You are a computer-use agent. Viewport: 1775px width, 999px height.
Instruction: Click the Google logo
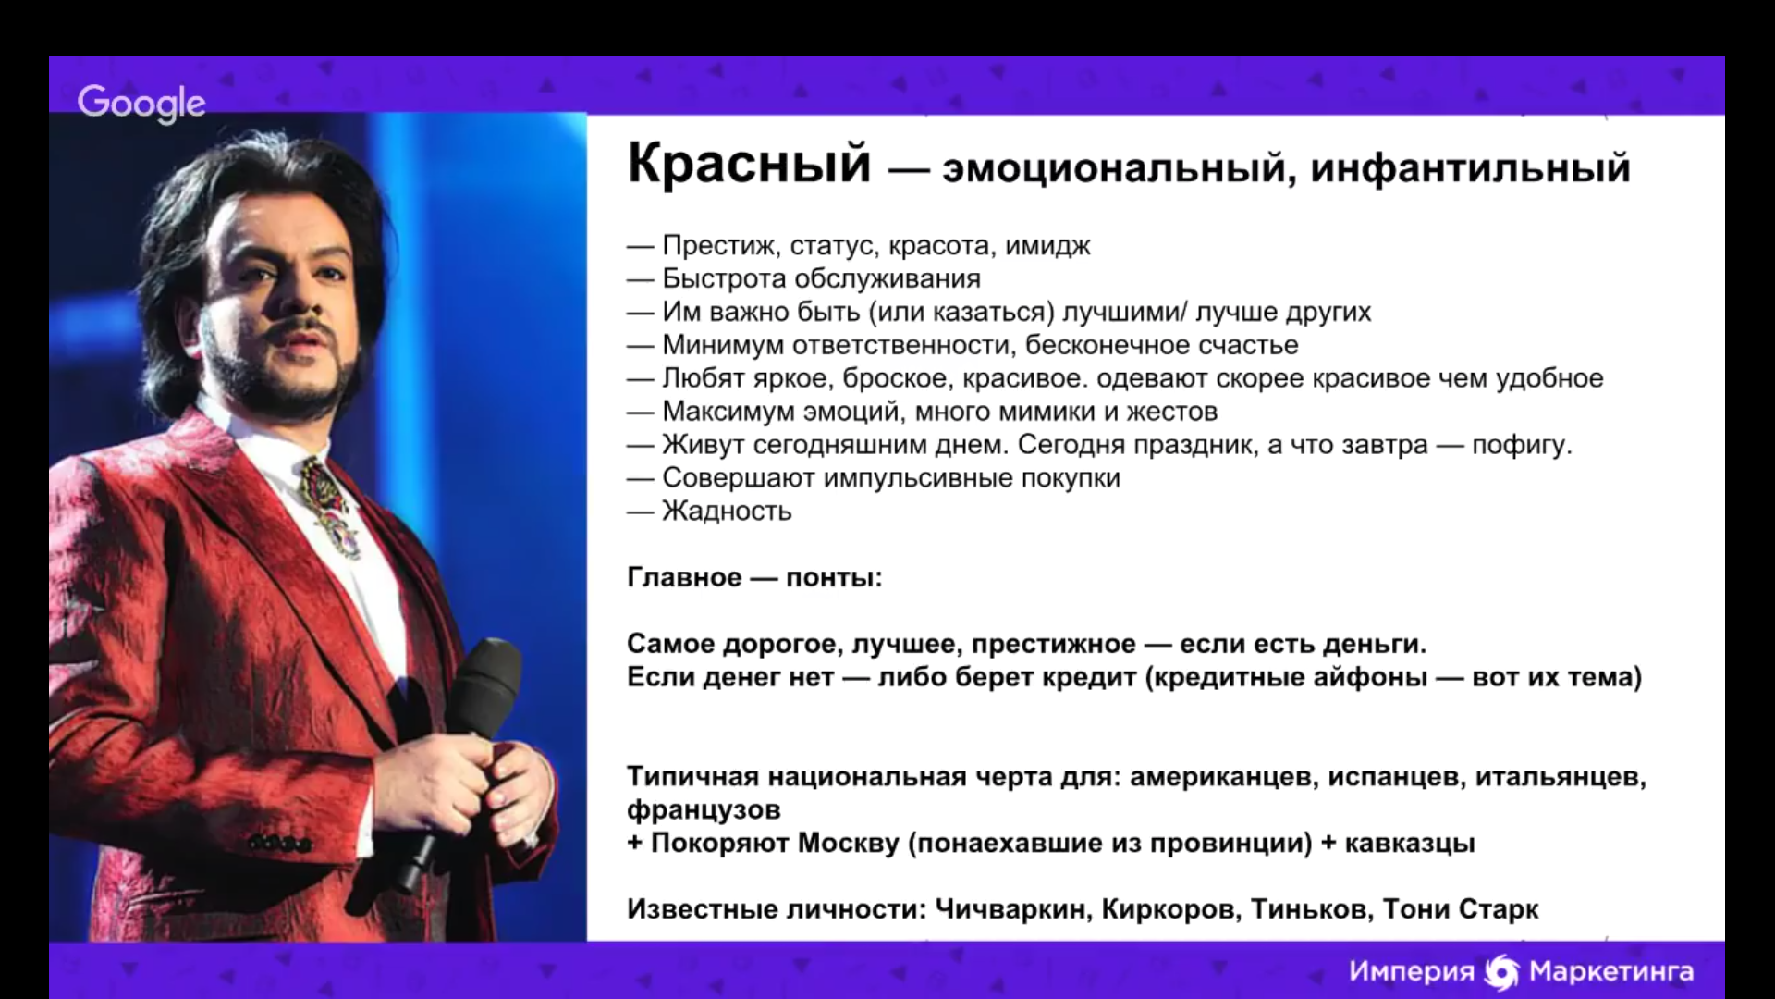coord(141,104)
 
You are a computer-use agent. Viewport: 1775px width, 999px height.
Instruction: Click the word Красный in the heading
coord(750,165)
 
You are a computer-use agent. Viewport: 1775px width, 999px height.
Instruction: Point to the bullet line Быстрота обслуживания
coord(803,279)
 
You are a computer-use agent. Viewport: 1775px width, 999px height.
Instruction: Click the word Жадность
coord(727,512)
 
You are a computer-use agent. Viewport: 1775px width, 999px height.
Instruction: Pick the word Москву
coord(849,844)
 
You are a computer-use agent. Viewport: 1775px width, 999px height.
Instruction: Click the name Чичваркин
coord(1010,910)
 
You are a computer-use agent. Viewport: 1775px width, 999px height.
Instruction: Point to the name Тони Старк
coord(1461,910)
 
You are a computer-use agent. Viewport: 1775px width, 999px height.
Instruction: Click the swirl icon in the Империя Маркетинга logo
coord(1501,971)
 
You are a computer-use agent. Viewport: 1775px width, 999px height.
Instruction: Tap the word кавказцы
coord(1410,844)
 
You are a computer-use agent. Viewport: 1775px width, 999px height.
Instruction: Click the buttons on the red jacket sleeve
coord(279,844)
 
